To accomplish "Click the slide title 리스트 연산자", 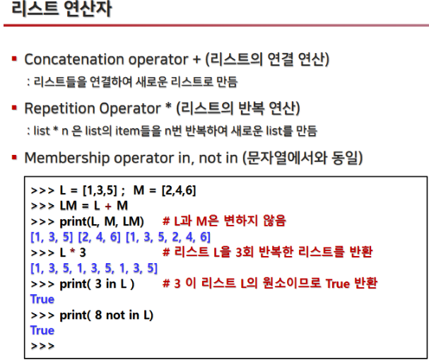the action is tap(61, 8).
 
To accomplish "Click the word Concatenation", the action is tap(75, 59).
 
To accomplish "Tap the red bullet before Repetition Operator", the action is tap(15, 108).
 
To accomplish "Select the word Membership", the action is tap(66, 158).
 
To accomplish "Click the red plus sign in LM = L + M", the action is tap(108, 206).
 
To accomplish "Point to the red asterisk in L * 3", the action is tap(73, 251).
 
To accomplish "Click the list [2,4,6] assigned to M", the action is tap(179, 190).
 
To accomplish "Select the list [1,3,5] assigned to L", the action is tap(100, 190).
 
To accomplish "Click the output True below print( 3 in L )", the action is tap(42, 299).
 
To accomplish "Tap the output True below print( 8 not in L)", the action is tap(42, 330).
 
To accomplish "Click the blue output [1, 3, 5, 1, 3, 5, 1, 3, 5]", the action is tap(94, 268).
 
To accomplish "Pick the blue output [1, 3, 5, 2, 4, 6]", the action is tap(168, 237).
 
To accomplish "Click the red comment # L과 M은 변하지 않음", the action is tap(224, 221).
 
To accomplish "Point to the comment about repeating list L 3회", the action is tap(268, 252).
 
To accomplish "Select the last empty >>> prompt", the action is tap(42, 346).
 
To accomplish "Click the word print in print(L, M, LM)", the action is tap(74, 222).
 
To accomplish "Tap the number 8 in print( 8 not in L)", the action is tap(98, 315).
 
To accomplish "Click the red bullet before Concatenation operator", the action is tap(15, 59).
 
